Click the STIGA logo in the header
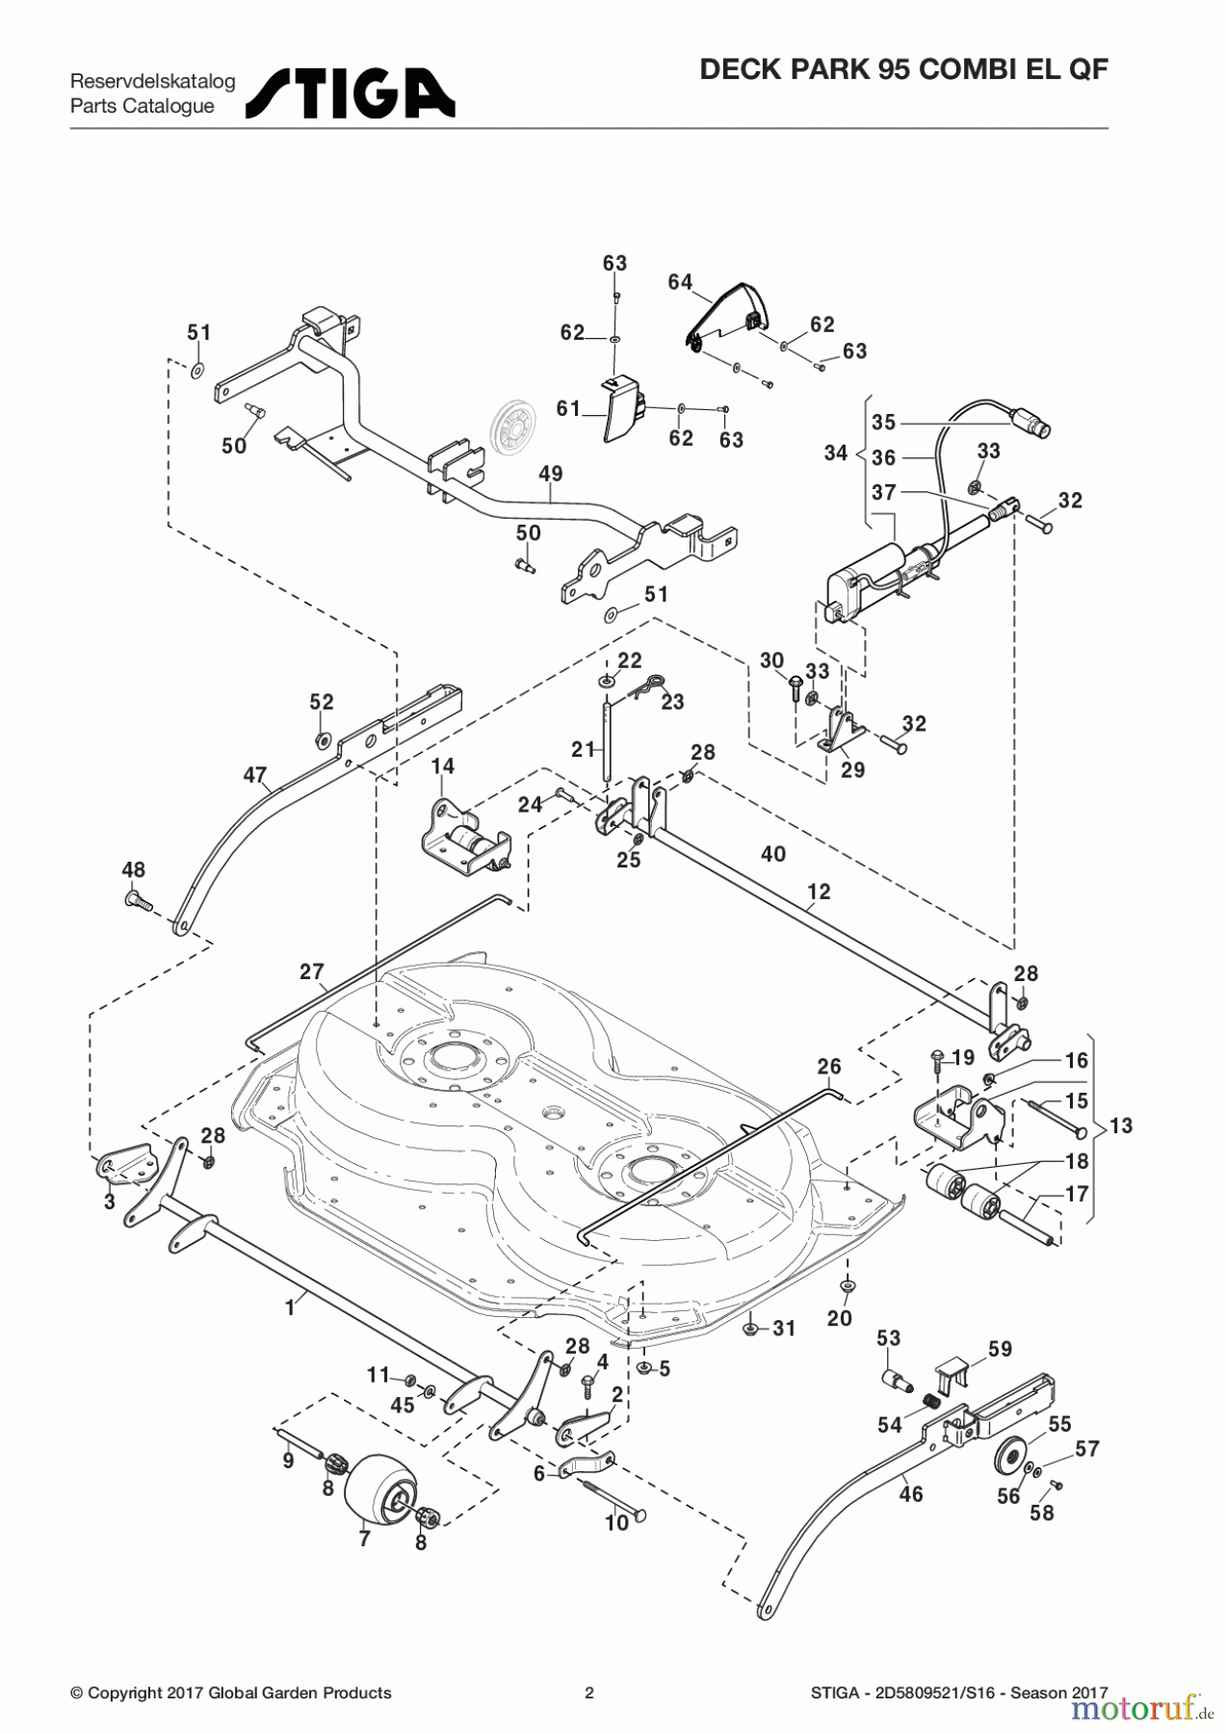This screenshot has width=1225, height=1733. coord(350,92)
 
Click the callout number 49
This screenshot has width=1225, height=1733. coord(551,474)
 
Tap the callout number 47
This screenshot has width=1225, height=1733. coord(254,774)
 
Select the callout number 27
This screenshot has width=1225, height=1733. coord(311,971)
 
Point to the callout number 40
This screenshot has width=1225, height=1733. coord(773,854)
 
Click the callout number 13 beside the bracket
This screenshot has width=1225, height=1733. coord(1121,1125)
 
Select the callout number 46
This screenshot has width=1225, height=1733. coord(911,1493)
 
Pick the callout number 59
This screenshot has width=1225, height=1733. coord(1000,1349)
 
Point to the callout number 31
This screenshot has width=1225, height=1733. coord(784,1329)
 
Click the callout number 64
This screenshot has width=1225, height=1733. coord(680,282)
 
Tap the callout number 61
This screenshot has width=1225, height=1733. coord(568,408)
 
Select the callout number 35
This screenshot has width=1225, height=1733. coord(884,422)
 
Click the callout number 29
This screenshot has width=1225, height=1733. coord(852,769)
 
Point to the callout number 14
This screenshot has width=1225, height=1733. coord(442,766)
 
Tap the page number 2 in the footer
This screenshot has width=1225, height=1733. coord(589,1693)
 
